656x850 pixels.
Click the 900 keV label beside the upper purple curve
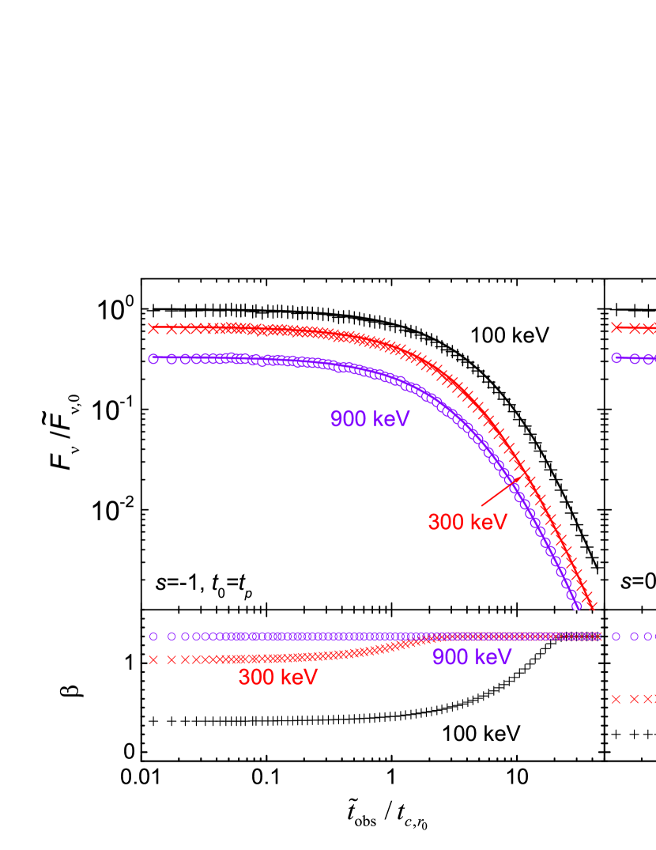pos(370,418)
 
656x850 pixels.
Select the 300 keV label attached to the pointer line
pos(467,522)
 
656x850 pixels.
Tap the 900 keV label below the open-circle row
pos(472,657)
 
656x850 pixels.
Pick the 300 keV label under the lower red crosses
pos(277,678)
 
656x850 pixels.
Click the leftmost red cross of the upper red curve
pos(153,328)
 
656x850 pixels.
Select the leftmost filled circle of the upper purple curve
pos(153,358)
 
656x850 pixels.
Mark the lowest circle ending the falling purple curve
pos(576,606)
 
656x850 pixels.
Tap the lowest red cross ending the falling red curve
pos(592,606)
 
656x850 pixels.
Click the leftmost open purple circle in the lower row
pos(153,636)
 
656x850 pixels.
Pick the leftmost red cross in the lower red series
pos(153,659)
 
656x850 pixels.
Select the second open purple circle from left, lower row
pos(172,636)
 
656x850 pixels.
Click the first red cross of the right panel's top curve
pos(616,327)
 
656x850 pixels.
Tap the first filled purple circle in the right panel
pos(616,357)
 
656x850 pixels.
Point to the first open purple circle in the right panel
pos(616,636)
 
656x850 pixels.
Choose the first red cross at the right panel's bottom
pos(616,699)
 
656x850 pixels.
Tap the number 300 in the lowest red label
pos(255,678)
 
